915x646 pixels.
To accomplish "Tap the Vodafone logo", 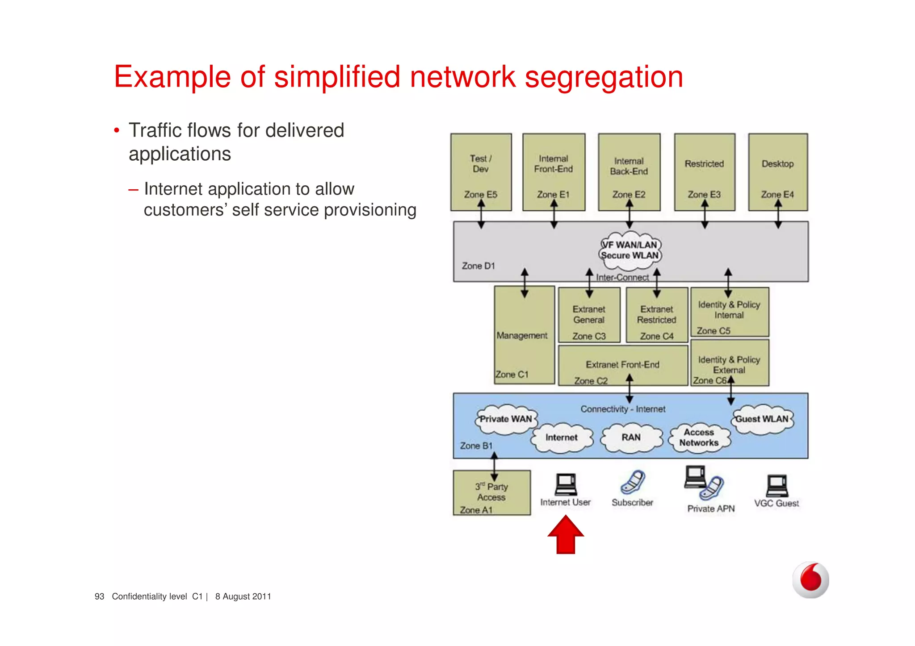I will point(810,579).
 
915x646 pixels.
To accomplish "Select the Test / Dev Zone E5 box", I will point(481,172).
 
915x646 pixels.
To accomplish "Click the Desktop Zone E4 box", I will point(778,172).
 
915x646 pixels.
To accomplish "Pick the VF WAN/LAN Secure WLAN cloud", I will point(630,250).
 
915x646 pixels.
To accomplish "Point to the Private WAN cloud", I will point(506,419).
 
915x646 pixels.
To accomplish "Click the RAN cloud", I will point(631,438).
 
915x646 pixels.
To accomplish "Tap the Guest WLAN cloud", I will point(762,419).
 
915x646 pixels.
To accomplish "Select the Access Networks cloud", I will point(699,438).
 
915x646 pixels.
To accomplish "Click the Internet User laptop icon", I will point(566,484).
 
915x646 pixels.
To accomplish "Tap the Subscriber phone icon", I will point(633,482).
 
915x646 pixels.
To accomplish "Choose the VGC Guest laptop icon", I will point(777,486).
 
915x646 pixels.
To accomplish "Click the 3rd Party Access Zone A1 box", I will point(491,493).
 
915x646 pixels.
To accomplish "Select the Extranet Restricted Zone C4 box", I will point(657,315).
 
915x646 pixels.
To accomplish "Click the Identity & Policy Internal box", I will point(730,312).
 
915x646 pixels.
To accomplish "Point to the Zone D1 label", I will point(478,266).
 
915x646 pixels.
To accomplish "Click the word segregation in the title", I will point(604,77).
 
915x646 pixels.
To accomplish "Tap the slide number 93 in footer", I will point(99,596).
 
